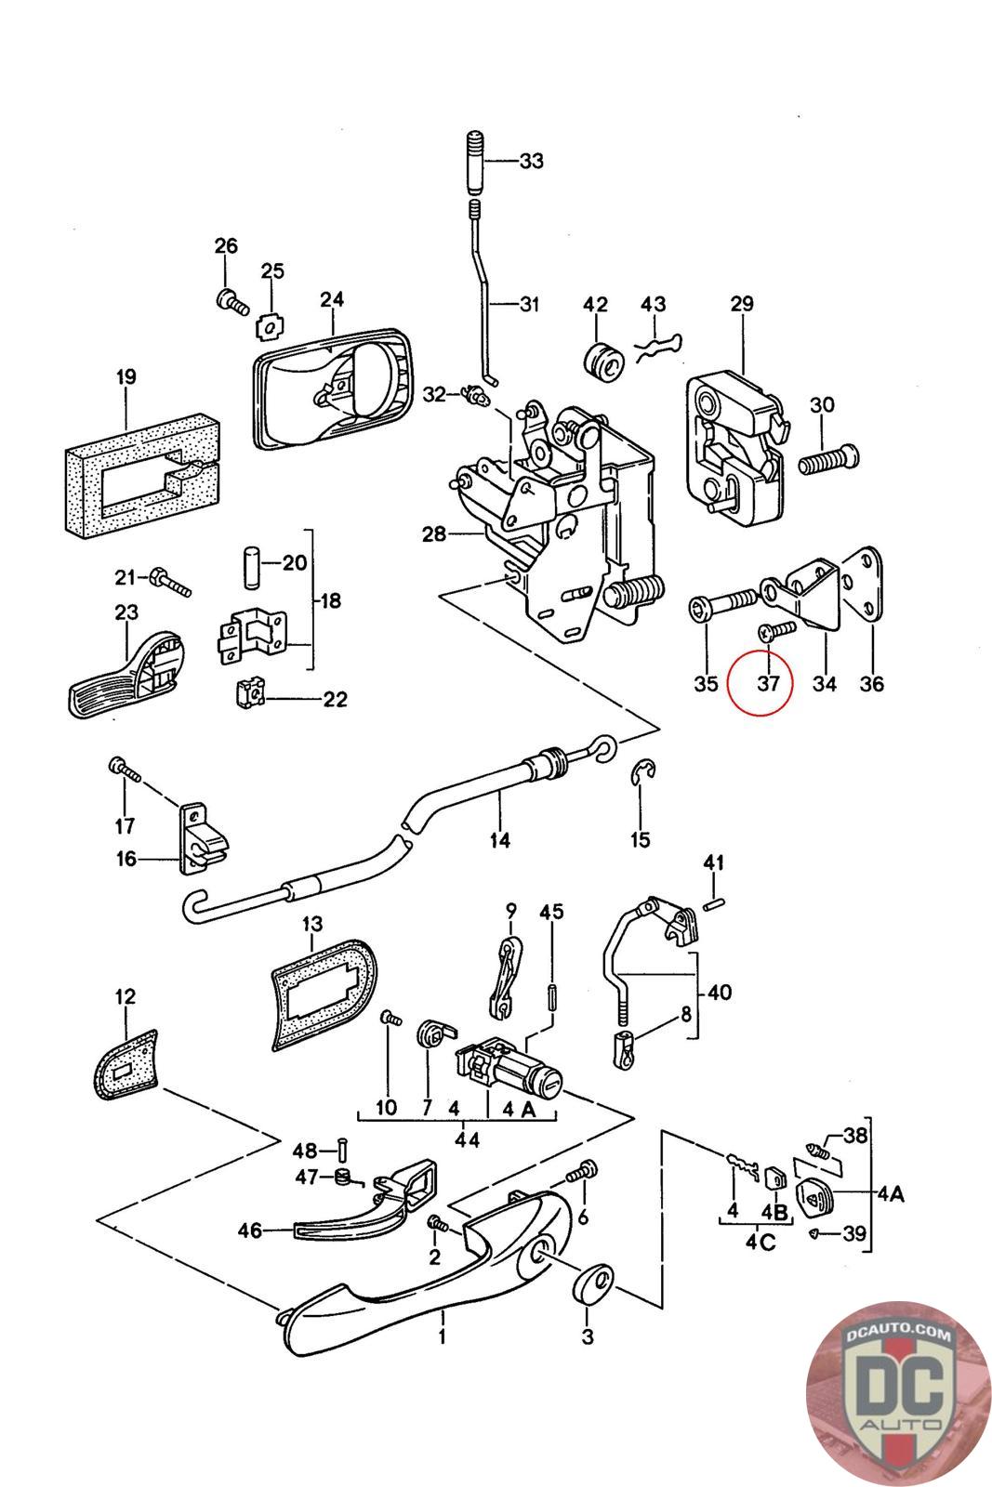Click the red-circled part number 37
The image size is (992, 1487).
(x=767, y=684)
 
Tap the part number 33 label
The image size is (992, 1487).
(x=531, y=161)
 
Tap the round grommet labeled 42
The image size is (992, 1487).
(x=602, y=362)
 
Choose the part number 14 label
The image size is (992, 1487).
(x=499, y=840)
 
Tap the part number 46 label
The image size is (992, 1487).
(x=250, y=1231)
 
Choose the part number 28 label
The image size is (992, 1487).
(x=433, y=534)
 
